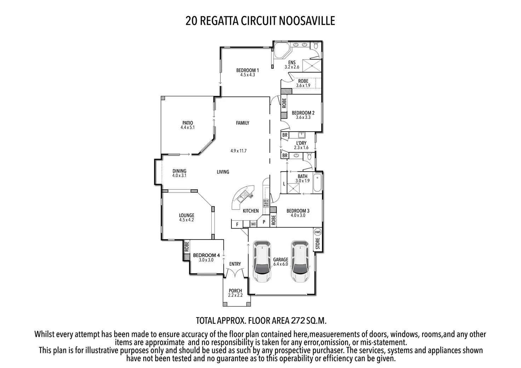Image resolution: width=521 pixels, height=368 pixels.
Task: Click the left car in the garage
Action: click(262, 261)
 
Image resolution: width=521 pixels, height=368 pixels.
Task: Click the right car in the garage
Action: click(300, 261)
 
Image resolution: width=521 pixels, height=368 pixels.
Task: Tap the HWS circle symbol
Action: click(317, 232)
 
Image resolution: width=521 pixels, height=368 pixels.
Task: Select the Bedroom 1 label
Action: click(247, 70)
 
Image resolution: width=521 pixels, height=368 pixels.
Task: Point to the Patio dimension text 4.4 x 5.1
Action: click(188, 127)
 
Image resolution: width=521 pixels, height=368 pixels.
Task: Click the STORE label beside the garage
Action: click(317, 243)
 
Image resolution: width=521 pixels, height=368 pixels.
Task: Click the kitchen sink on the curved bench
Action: click(243, 197)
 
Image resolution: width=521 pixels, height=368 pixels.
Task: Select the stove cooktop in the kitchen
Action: click(265, 203)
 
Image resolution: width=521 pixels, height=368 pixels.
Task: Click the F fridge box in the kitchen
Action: click(237, 224)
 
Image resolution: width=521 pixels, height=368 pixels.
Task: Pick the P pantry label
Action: click(264, 222)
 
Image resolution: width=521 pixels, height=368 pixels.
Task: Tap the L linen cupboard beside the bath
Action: click(284, 184)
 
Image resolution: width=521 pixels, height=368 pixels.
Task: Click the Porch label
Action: click(235, 291)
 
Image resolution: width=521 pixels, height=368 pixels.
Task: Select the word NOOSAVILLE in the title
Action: click(307, 21)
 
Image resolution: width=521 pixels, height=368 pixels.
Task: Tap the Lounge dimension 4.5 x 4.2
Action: click(187, 220)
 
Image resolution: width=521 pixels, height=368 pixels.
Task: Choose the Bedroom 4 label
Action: click(206, 255)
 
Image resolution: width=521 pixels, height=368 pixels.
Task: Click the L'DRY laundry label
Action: click(301, 143)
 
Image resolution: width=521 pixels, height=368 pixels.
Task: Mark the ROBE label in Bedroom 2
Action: click(284, 103)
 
